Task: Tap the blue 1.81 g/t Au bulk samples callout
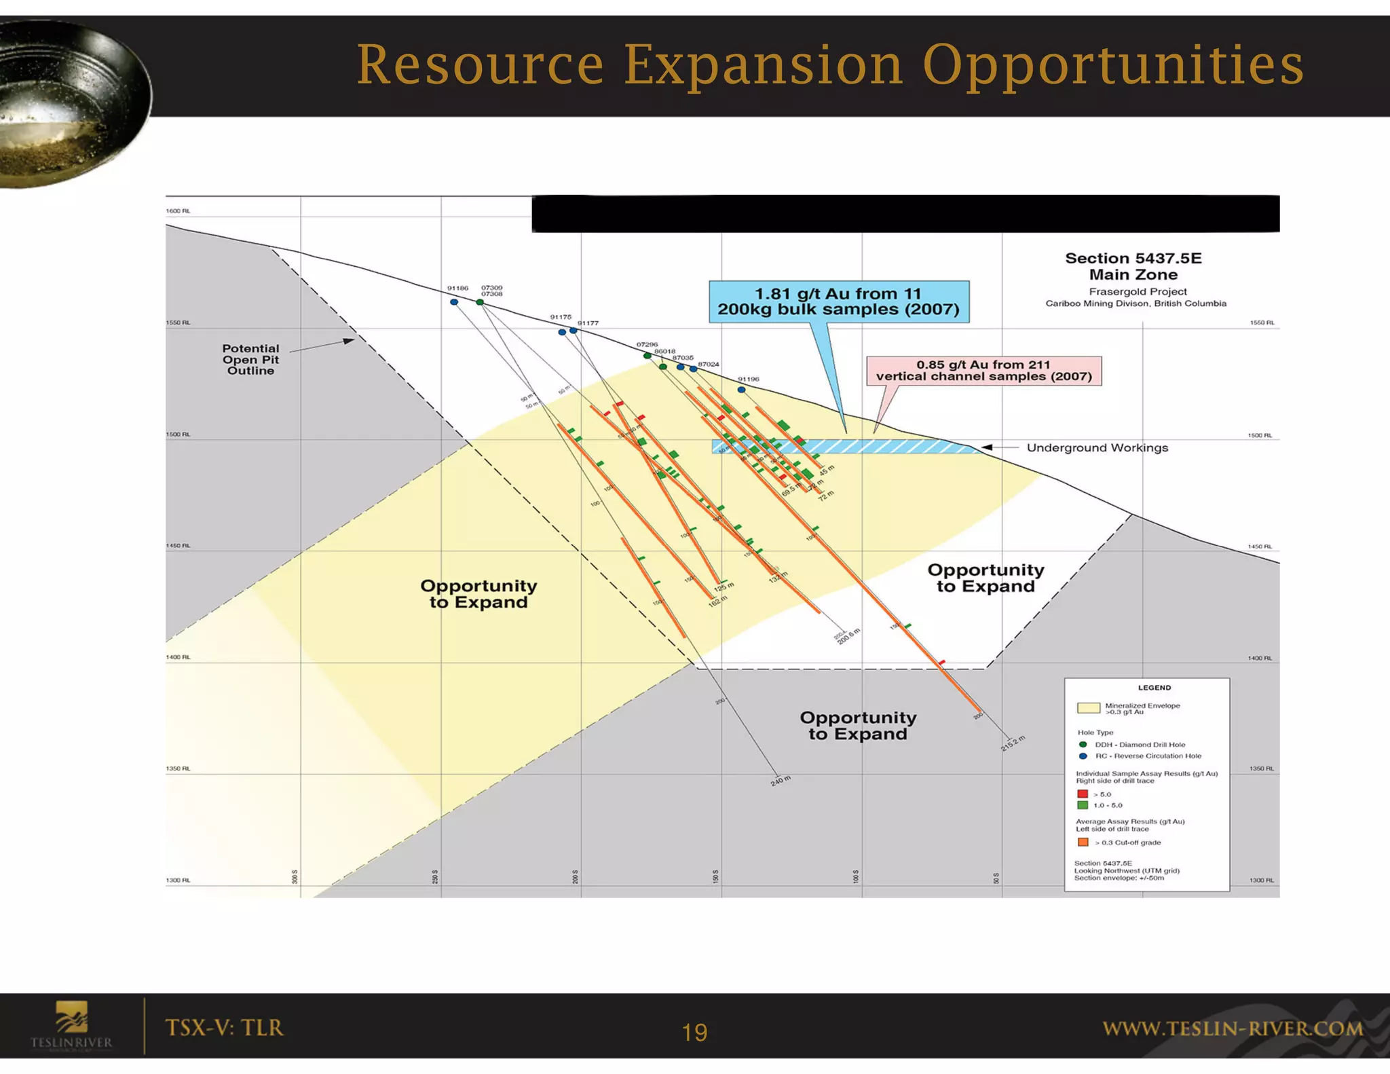coord(838,301)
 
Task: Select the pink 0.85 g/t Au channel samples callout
coord(983,371)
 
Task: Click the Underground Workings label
coord(1097,447)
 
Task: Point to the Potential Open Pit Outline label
coord(250,359)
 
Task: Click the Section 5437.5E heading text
coord(1133,259)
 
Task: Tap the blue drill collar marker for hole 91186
coord(454,302)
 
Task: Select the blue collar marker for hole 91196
coord(741,390)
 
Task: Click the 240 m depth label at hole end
coord(781,780)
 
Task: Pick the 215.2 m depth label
coord(1013,743)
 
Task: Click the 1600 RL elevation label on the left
coord(178,211)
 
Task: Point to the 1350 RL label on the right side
coord(1261,769)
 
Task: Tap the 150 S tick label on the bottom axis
coord(715,876)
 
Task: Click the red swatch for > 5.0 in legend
coord(1083,794)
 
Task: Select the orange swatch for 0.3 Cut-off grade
coord(1083,842)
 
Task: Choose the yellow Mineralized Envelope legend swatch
coord(1088,708)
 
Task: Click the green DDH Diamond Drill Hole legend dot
coord(1083,744)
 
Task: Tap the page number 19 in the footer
coord(694,1032)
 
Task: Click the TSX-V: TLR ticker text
coord(224,1027)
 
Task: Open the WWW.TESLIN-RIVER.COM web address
coord(1233,1029)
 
